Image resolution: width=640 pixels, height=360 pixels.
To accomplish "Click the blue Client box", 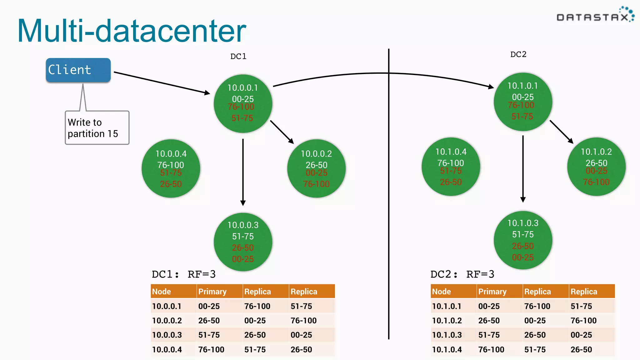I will pos(78,70).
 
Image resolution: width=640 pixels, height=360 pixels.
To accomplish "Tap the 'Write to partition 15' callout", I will pos(97,128).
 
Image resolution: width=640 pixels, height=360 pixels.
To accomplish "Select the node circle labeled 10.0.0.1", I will pos(243,103).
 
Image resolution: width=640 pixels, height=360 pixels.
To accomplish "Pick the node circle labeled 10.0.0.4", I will pos(171,168).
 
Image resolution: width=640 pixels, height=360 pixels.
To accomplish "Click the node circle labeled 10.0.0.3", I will pos(243,242).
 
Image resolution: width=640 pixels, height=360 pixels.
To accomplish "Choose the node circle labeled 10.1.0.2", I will pos(596,167).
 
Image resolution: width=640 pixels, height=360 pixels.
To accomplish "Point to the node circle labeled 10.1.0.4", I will pos(451,167).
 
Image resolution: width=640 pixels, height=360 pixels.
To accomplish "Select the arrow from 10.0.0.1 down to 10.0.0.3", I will pos(243,172).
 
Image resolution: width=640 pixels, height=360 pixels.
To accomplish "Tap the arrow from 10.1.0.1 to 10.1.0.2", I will pos(561,132).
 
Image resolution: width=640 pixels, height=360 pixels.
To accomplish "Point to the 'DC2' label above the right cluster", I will pos(518,54).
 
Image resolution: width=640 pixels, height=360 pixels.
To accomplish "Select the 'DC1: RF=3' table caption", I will pos(183,274).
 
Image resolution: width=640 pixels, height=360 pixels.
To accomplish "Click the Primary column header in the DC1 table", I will pos(212,292).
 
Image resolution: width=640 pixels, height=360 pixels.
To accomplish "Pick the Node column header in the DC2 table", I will pos(442,292).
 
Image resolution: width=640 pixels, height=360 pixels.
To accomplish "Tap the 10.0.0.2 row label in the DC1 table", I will pos(167,321).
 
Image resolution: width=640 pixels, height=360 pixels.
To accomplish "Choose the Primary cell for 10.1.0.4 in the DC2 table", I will pos(491,349).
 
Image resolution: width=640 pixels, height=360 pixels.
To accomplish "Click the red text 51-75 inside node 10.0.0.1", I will pos(242,118).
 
